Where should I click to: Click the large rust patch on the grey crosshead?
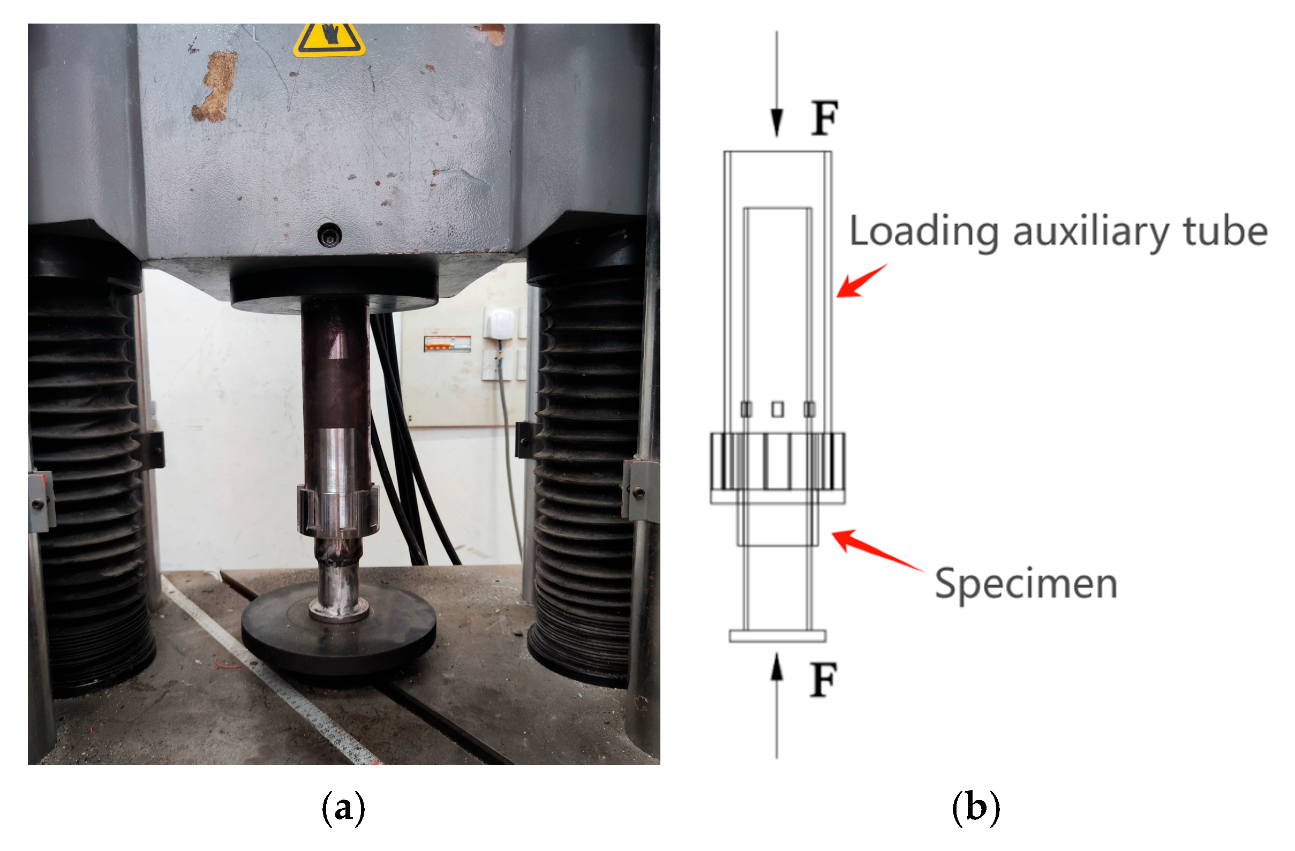point(215,87)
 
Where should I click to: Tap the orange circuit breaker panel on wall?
point(447,342)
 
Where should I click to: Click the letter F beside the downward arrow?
point(824,118)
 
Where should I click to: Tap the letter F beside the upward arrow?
point(823,680)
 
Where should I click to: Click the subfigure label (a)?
point(343,809)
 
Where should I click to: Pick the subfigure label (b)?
point(976,809)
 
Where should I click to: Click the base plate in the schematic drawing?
point(777,636)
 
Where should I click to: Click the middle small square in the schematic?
point(778,409)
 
